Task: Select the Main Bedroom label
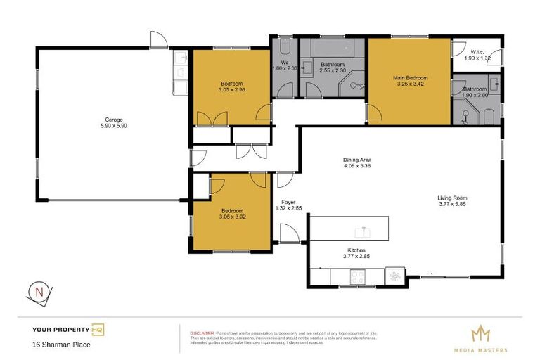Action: click(x=409, y=77)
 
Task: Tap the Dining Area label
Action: click(x=356, y=160)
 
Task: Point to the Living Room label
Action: click(x=452, y=198)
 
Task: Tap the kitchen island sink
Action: click(x=364, y=232)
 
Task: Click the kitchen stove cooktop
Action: click(x=358, y=276)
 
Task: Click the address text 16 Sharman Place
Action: click(x=61, y=345)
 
